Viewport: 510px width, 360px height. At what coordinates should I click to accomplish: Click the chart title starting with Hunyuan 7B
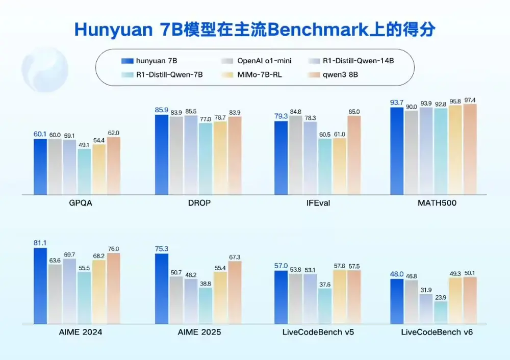pos(254,29)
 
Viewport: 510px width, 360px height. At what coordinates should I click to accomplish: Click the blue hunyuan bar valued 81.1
pos(40,286)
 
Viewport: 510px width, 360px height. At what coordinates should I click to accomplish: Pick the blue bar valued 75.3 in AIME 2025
pos(161,288)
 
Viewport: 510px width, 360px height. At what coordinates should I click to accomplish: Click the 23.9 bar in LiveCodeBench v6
pos(441,312)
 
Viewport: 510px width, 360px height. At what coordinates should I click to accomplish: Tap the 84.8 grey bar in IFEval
pos(295,155)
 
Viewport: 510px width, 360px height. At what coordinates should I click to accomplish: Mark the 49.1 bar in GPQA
pos(84,171)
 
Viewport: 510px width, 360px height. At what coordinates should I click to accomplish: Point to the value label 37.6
pos(325,284)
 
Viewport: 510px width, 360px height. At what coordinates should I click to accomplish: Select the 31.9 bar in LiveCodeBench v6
pos(426,308)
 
